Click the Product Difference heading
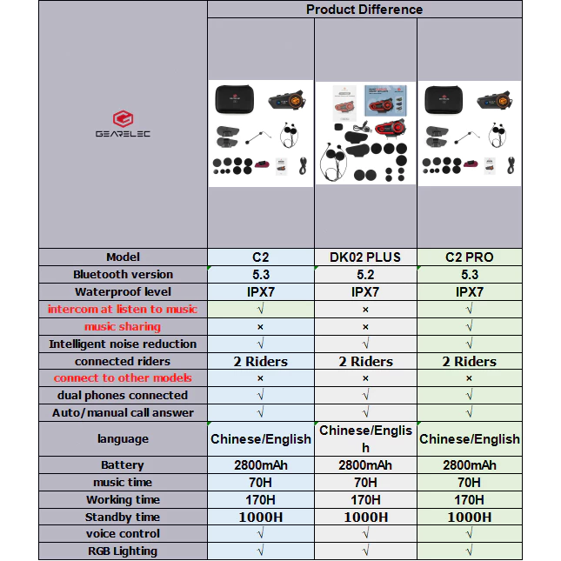click(364, 10)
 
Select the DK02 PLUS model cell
click(365, 257)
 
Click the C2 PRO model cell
click(469, 257)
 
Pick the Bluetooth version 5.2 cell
click(365, 275)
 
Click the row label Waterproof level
click(123, 292)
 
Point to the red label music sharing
click(123, 327)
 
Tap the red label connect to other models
click(123, 378)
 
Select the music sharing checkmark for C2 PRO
click(469, 327)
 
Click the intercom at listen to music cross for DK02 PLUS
click(365, 310)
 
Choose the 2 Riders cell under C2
click(261, 362)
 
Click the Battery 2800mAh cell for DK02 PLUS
click(365, 465)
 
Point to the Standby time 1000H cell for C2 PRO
click(469, 517)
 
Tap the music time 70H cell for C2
click(261, 482)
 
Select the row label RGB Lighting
click(123, 551)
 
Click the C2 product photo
click(261, 132)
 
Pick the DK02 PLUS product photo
click(365, 132)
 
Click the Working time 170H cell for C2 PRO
click(469, 499)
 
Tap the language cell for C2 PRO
click(469, 439)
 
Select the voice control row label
click(123, 534)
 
